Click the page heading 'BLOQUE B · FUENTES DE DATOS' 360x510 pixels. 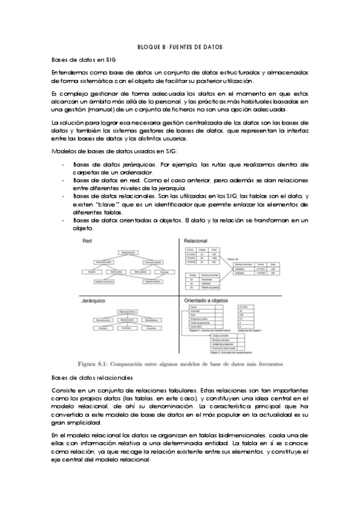(x=180, y=47)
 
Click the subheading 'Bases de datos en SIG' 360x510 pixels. (x=84, y=61)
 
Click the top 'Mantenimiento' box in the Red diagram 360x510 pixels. (x=128, y=252)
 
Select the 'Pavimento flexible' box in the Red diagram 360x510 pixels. (x=154, y=262)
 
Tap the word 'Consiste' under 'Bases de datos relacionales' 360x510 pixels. (x=65, y=390)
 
